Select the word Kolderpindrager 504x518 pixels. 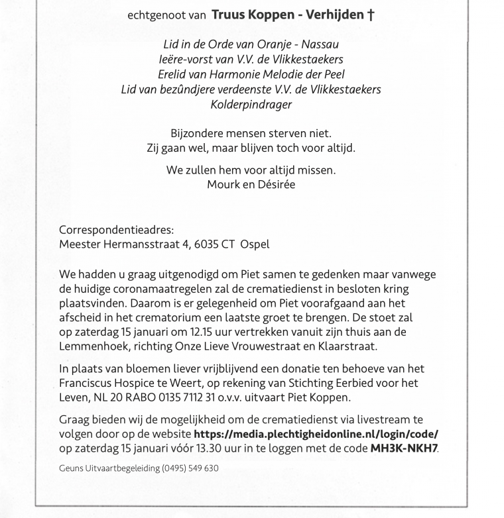(251, 104)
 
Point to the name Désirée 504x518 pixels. (272, 185)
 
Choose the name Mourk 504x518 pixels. (223, 185)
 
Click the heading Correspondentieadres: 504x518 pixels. (117, 231)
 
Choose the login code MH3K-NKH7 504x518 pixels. (404, 448)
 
